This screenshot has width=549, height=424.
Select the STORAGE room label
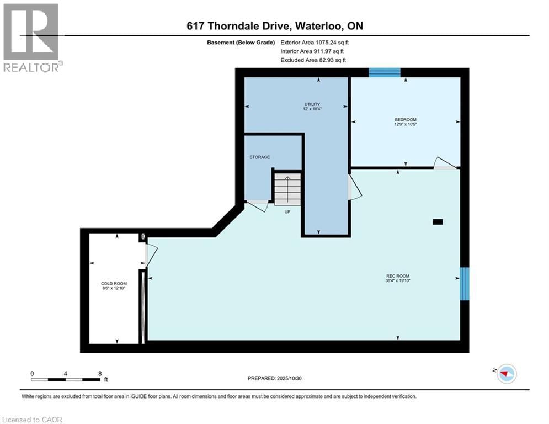click(259, 157)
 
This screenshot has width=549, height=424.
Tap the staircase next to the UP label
click(287, 188)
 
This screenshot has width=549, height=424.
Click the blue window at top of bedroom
click(385, 72)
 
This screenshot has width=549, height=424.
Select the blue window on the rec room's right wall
click(464, 284)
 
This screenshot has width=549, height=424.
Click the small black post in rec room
click(438, 222)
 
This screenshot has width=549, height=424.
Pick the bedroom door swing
click(445, 164)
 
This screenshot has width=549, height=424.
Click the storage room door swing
click(256, 206)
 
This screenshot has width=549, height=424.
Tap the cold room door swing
click(151, 255)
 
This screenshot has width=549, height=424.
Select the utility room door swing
click(354, 188)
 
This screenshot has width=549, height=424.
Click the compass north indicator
click(505, 374)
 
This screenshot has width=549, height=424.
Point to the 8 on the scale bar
click(99, 373)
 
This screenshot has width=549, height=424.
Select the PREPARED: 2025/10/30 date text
click(276, 378)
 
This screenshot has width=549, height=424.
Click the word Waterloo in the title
click(318, 26)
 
